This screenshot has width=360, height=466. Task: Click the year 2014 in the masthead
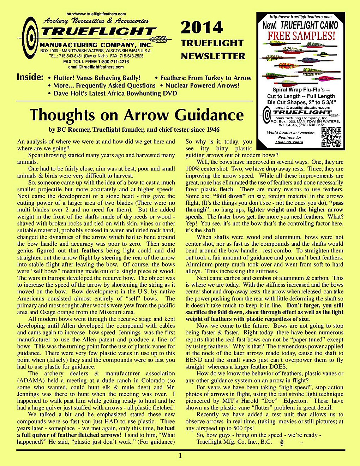[202, 28]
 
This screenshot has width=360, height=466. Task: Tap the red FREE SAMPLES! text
[301, 36]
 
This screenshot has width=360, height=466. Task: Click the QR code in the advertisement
[331, 137]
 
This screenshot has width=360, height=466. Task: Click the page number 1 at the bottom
[180, 456]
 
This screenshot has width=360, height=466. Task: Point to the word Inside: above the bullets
[30, 77]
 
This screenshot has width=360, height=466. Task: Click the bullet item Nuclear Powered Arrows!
[202, 85]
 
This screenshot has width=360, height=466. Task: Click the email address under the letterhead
[96, 67]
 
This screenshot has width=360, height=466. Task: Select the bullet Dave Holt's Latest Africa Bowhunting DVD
[115, 94]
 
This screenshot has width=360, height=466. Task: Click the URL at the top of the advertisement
[300, 17]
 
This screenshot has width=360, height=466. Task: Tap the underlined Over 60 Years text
[289, 142]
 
